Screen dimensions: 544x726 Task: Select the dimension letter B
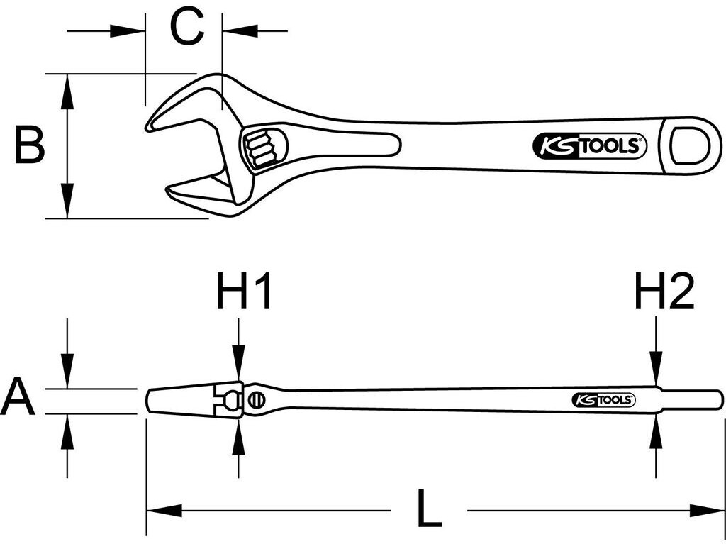point(30,145)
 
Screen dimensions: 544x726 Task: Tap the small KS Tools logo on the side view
point(602,401)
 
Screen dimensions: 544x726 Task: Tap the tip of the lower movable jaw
point(170,190)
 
